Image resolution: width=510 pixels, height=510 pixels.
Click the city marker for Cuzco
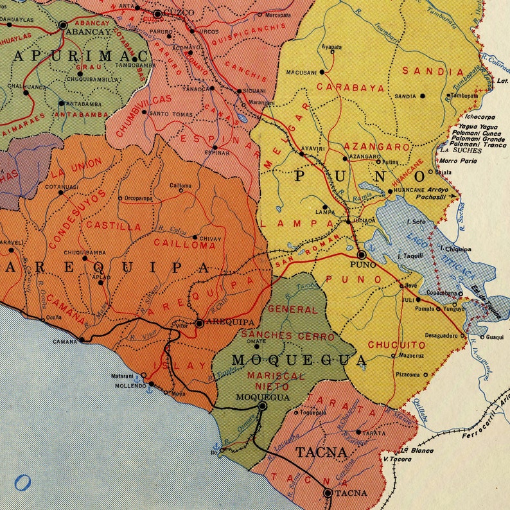coord(157,13)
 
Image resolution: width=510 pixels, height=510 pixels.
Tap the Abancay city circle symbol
coord(63,26)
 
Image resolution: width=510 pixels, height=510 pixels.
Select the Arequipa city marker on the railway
coord(200,323)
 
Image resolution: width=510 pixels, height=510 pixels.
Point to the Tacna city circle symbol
coord(328,493)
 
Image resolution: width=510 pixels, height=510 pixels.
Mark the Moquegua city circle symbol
coord(262,406)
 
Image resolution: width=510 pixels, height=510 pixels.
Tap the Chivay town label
coord(211,239)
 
